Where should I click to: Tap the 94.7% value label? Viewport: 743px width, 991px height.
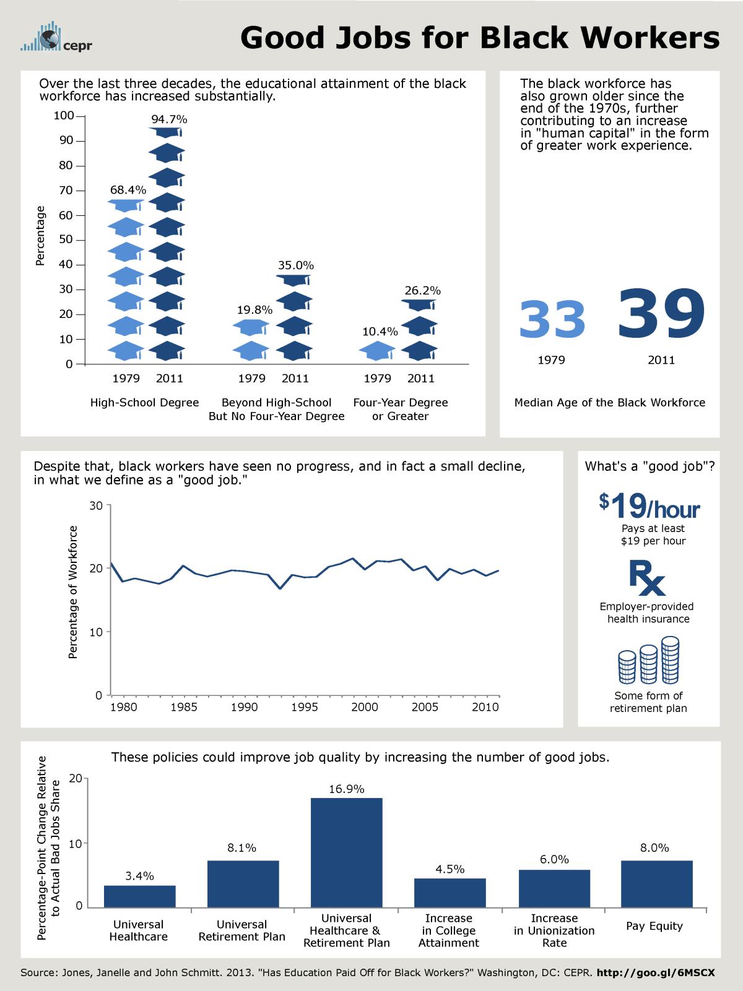coord(169,119)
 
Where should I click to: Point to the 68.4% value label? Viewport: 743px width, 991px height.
coord(128,190)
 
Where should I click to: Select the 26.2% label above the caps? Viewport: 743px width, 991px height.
coord(423,290)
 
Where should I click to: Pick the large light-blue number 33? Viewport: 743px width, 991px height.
coord(552,319)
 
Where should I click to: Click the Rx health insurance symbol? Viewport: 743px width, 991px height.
coord(647,578)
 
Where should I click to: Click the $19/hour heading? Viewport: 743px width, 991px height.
coord(649,508)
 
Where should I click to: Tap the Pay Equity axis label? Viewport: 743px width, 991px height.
coord(654,926)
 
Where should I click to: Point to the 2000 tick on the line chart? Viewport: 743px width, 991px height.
coord(365,707)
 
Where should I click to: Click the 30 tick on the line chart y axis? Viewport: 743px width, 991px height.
coord(95,505)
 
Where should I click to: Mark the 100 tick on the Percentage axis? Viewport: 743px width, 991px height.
coord(64,116)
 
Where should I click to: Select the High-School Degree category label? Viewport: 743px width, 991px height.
coord(144,403)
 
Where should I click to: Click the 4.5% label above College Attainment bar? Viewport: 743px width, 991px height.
coord(450,869)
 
